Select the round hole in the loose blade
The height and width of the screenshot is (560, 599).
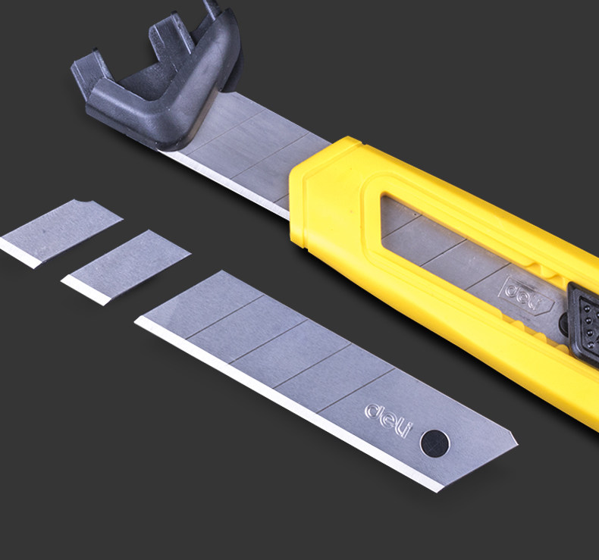coord(434,443)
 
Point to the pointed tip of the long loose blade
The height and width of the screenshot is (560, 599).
coord(517,443)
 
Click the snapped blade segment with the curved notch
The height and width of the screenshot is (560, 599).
coord(61,233)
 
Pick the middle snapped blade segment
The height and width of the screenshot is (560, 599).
coord(126,267)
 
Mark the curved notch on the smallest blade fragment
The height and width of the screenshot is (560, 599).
coord(84,202)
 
